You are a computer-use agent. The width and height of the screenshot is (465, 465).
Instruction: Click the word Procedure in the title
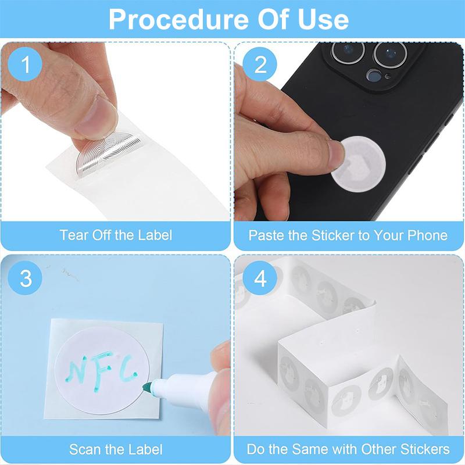coord(179,19)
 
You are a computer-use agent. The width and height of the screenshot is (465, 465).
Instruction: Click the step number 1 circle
coord(25,65)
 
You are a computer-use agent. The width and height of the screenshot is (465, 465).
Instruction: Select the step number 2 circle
coord(260,65)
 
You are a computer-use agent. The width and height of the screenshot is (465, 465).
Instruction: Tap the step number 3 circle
coord(25,278)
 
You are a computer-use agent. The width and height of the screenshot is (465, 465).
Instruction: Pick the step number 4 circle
coord(260,278)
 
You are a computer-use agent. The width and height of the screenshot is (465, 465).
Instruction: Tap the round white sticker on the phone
coord(359,164)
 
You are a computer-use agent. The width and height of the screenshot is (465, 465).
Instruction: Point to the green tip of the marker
coord(148,388)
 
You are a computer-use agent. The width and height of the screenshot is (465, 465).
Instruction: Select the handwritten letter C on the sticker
coord(128,369)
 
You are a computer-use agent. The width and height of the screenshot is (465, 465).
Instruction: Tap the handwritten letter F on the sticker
coord(102,371)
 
